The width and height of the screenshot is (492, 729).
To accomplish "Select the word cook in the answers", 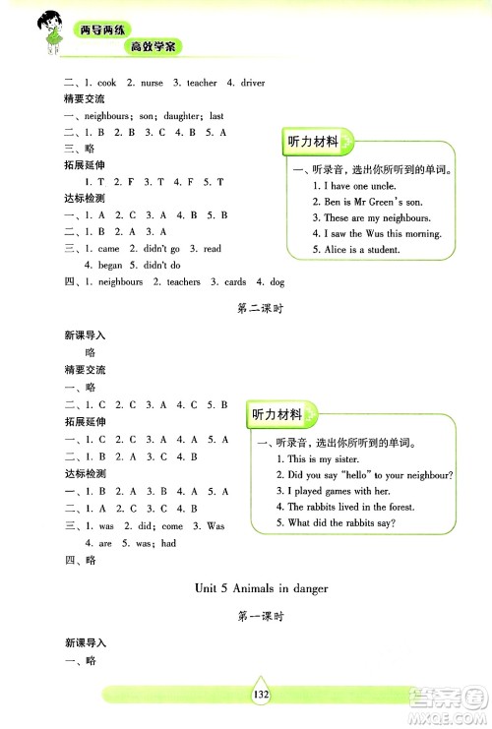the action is [x=106, y=83].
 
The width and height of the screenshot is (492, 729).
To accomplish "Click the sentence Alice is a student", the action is [x=356, y=250].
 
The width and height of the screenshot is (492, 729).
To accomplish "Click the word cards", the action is [x=234, y=281].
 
